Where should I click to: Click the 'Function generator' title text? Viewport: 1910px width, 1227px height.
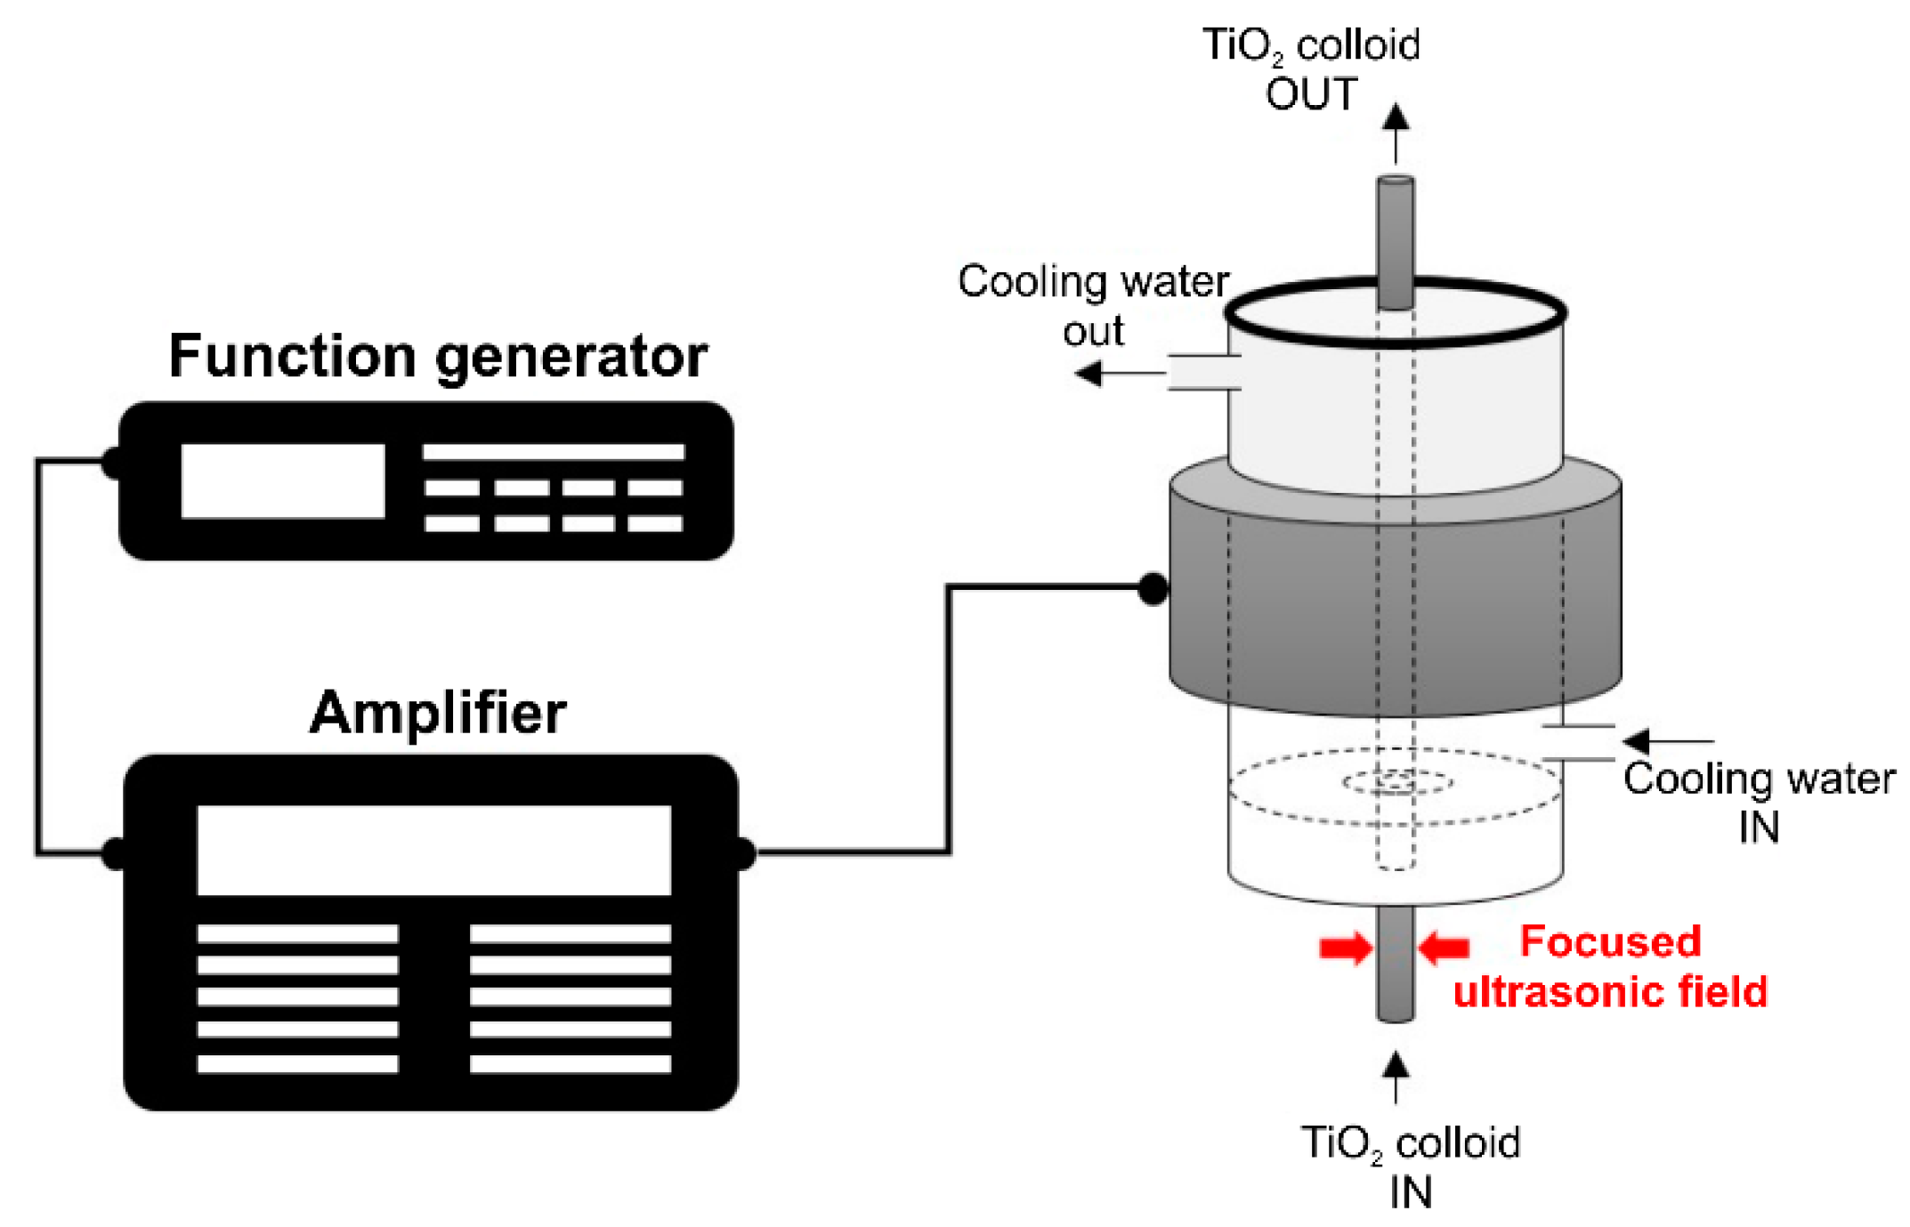click(x=438, y=356)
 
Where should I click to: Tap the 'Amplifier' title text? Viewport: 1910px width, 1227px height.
click(x=438, y=713)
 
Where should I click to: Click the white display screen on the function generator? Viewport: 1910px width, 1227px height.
click(x=282, y=480)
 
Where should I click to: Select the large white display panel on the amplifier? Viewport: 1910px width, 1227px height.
click(x=433, y=850)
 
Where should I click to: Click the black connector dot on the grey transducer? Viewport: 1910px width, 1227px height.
click(x=1153, y=588)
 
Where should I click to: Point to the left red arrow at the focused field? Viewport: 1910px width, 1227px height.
click(x=1345, y=948)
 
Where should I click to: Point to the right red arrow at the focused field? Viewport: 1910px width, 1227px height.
click(x=1444, y=948)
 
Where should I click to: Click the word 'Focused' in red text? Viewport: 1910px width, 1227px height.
click(x=1610, y=941)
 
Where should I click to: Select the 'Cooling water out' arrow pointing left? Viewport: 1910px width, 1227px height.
click(x=1117, y=373)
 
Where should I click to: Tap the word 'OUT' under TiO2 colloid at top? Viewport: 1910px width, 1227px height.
click(x=1311, y=94)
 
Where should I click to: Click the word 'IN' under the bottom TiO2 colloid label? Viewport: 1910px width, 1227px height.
click(x=1411, y=1192)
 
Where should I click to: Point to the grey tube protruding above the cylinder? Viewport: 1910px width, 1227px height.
click(x=1396, y=231)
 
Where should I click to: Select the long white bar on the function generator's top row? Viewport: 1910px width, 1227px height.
click(x=553, y=452)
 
